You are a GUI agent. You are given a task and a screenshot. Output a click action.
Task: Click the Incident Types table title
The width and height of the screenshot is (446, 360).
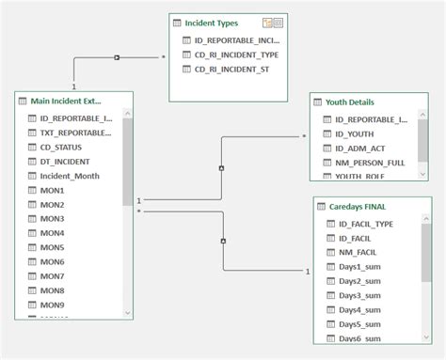click(214, 22)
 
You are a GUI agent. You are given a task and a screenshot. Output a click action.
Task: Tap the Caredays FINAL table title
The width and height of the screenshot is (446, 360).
click(359, 205)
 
